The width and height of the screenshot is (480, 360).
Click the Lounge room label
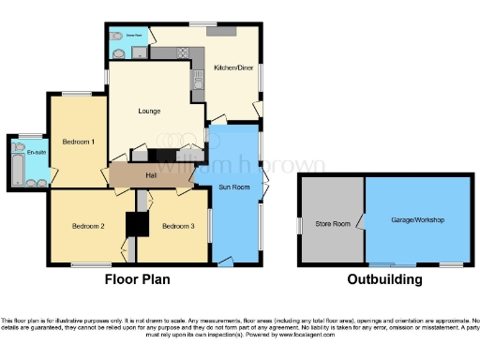tap(148, 112)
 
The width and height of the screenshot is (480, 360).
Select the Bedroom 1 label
tap(78, 142)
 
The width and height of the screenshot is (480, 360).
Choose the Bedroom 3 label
tap(177, 226)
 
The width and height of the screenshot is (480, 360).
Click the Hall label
tap(150, 175)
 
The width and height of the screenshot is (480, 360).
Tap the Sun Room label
tap(235, 187)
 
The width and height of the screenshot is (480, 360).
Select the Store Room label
tap(332, 223)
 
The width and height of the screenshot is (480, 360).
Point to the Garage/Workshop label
tap(417, 219)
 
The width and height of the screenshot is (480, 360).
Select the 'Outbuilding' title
tap(384, 279)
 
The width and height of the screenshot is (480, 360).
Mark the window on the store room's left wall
tap(300, 226)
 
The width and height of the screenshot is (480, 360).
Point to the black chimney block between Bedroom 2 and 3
tap(138, 225)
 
